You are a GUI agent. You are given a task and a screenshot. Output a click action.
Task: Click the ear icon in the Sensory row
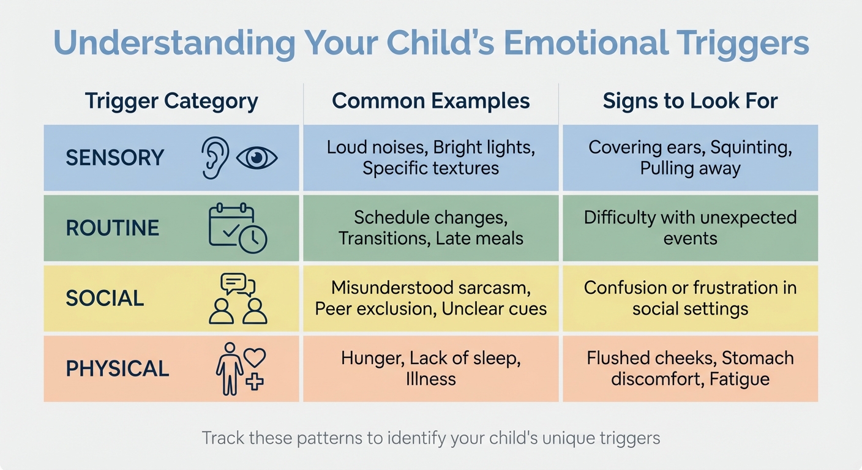pyautogui.click(x=215, y=158)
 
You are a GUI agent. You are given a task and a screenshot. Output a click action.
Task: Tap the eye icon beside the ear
pyautogui.click(x=257, y=158)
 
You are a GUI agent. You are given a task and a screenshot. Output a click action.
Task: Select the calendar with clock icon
pyautogui.click(x=237, y=228)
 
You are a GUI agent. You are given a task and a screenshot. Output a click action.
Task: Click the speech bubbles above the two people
pyautogui.click(x=238, y=284)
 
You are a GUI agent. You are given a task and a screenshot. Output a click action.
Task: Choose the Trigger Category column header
pyautogui.click(x=171, y=101)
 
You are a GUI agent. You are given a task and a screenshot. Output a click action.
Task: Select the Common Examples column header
pyautogui.click(x=430, y=101)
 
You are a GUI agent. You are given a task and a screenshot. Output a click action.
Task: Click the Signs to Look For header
pyautogui.click(x=690, y=101)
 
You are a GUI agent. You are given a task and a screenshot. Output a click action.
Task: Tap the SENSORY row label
pyautogui.click(x=115, y=158)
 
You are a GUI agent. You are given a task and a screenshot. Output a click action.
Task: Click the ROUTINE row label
pyautogui.click(x=113, y=228)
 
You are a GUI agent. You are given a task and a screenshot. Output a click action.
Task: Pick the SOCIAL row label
pyautogui.click(x=105, y=299)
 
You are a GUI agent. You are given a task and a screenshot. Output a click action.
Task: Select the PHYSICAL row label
pyautogui.click(x=118, y=368)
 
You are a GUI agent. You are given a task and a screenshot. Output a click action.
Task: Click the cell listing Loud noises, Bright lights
pyautogui.click(x=430, y=158)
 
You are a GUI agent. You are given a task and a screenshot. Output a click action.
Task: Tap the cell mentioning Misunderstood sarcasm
pyautogui.click(x=430, y=298)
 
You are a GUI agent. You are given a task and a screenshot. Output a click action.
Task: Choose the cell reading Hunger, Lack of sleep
pyautogui.click(x=430, y=368)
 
